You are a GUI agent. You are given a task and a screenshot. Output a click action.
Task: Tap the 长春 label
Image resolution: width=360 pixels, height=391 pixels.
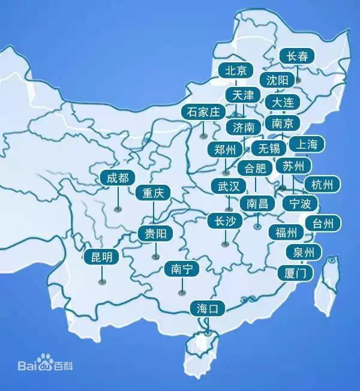click(297, 56)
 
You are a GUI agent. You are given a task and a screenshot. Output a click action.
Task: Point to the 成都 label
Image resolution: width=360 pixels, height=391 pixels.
click(118, 178)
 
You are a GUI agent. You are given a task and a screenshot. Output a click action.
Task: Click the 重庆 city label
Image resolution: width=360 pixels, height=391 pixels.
click(153, 194)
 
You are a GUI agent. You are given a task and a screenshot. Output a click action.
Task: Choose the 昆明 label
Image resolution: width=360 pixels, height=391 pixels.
click(101, 257)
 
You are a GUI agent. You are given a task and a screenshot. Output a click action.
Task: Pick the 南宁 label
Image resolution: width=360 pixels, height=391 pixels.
click(181, 269)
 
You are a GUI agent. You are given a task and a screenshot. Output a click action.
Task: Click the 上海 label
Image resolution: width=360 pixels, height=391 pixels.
click(307, 144)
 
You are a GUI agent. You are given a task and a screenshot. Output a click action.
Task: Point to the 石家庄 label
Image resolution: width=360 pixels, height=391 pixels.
click(203, 112)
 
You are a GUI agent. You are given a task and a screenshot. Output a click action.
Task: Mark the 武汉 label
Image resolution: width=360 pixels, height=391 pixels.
click(229, 186)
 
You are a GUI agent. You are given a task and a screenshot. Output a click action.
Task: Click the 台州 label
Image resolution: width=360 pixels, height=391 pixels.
click(323, 224)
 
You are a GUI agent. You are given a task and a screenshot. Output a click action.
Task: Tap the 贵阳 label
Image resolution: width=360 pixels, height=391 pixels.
click(156, 233)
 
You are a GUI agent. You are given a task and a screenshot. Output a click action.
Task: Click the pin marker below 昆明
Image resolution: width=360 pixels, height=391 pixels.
click(102, 279)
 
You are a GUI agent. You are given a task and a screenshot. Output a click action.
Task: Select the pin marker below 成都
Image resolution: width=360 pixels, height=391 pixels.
click(118, 209)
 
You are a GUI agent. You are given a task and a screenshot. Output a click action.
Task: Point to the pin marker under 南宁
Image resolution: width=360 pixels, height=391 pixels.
click(181, 292)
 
